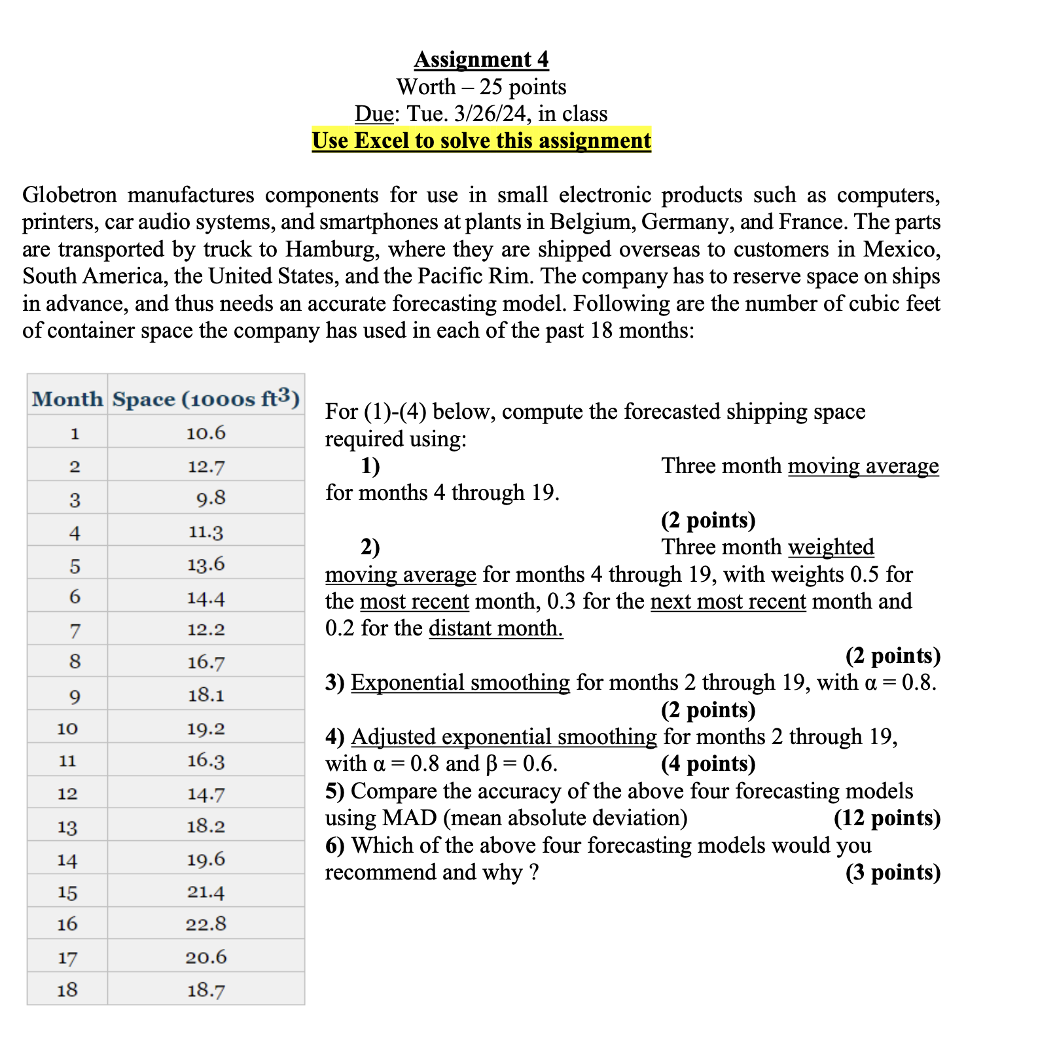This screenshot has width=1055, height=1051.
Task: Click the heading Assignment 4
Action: click(x=481, y=60)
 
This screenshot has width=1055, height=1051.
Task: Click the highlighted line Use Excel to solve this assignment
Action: click(x=481, y=141)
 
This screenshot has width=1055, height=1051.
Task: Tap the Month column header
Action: click(x=67, y=399)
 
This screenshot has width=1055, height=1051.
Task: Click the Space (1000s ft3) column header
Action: click(x=206, y=399)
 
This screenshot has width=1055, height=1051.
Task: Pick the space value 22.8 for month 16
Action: click(x=206, y=924)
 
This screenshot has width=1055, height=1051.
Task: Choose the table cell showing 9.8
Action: click(x=211, y=499)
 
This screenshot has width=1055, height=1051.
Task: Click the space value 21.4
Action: click(x=206, y=891)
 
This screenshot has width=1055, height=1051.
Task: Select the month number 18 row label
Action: click(x=67, y=989)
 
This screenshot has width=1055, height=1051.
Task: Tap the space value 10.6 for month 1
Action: click(x=206, y=433)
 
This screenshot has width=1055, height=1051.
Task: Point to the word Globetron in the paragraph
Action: click(x=69, y=195)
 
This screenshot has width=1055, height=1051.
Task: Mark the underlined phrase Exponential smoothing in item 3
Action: click(x=460, y=683)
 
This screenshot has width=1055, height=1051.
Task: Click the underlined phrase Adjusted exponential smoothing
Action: click(x=503, y=737)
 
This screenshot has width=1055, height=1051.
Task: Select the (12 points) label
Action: click(x=887, y=818)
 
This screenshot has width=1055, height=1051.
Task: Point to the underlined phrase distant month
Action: click(x=495, y=628)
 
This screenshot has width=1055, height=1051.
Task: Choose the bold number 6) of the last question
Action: click(x=334, y=846)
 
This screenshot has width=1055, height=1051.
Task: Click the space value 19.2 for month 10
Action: click(x=206, y=728)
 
